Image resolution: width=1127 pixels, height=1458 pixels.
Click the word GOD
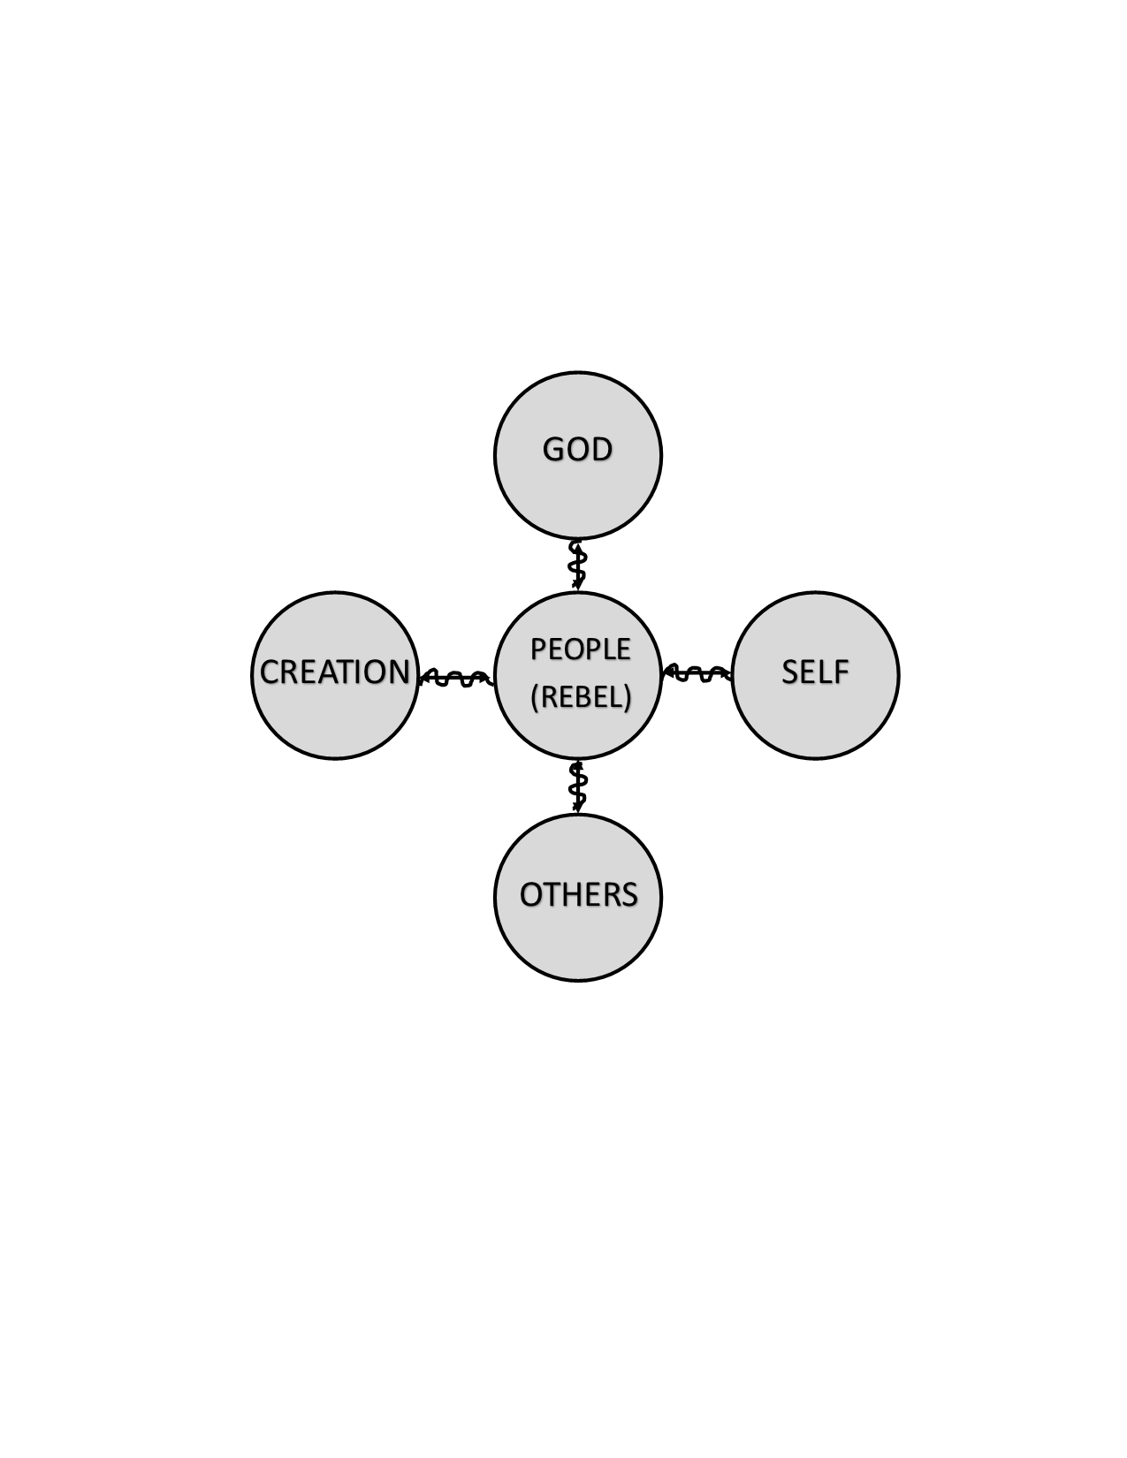(576, 449)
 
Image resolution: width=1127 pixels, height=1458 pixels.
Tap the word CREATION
(334, 672)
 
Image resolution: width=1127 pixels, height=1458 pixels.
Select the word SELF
(815, 672)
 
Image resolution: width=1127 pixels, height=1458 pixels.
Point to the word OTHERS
(578, 894)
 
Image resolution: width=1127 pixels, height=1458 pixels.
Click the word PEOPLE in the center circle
(580, 649)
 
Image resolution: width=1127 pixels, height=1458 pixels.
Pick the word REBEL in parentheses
(581, 697)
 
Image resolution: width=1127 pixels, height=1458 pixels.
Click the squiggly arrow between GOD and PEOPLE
(577, 565)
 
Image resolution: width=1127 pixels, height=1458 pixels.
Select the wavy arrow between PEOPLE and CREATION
(456, 677)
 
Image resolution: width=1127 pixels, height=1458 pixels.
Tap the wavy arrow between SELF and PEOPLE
(697, 673)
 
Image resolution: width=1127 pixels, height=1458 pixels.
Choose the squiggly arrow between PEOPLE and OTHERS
(577, 786)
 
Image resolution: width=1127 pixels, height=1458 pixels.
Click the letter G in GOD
(553, 449)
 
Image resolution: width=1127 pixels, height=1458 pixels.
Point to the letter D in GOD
(601, 449)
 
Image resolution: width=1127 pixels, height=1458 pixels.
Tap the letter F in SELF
(841, 672)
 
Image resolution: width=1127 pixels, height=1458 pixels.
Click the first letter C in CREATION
(270, 672)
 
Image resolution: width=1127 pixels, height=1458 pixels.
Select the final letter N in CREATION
(399, 672)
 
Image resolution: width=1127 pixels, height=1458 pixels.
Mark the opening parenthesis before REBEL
(535, 698)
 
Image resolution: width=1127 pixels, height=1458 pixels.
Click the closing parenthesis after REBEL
(627, 698)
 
